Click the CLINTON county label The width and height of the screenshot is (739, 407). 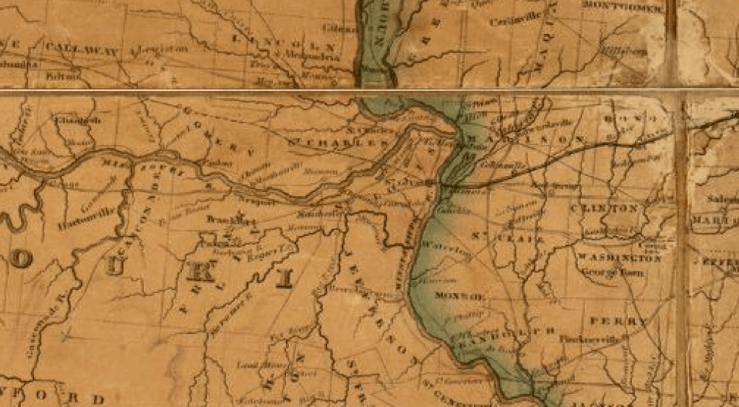coord(605,209)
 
